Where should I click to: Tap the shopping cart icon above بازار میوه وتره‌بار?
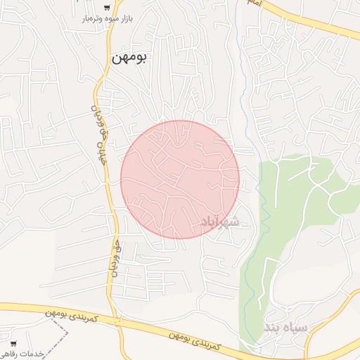click(x=105, y=6)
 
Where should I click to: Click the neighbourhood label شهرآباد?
click(x=220, y=222)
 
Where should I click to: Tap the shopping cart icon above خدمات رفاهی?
click(x=13, y=344)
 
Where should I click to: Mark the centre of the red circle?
click(x=180, y=179)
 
